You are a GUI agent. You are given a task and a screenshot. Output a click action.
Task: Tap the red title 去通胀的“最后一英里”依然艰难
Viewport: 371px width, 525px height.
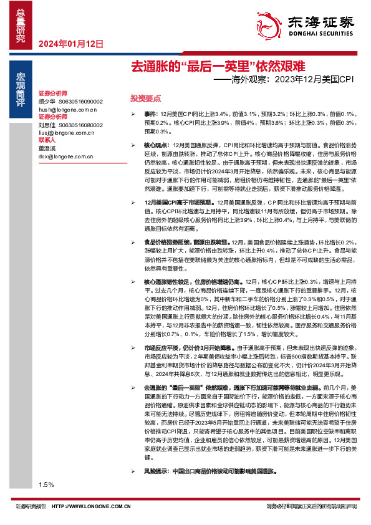tap(217, 65)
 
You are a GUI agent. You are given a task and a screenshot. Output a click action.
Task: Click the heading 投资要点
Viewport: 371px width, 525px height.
tap(145, 99)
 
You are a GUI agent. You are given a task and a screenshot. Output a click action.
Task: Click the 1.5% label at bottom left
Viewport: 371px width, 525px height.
tap(46, 484)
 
